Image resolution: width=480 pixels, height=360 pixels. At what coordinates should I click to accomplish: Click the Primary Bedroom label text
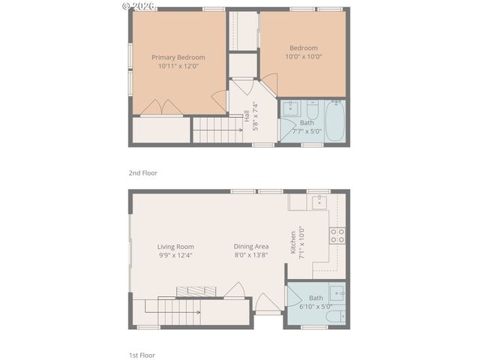click(178, 57)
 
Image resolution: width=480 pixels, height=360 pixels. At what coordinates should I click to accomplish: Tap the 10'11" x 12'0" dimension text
click(178, 67)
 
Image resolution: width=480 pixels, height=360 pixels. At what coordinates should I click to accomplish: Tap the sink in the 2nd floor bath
click(290, 106)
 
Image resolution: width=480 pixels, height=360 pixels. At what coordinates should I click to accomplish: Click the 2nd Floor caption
click(142, 172)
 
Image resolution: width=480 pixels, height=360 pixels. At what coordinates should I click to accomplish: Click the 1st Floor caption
click(142, 355)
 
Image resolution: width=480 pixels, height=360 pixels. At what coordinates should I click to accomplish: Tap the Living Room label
click(175, 247)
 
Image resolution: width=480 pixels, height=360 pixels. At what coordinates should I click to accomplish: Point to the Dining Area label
click(250, 247)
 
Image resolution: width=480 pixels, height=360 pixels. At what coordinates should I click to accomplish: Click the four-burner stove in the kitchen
click(337, 236)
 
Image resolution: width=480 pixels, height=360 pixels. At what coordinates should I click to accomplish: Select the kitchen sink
click(319, 200)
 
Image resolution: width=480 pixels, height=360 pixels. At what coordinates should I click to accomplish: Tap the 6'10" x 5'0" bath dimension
click(316, 305)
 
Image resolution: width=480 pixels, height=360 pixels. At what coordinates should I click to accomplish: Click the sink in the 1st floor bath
click(337, 292)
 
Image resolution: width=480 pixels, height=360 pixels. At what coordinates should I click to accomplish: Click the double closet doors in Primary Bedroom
click(161, 109)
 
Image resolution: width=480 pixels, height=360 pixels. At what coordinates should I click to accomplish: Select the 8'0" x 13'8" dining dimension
click(250, 255)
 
